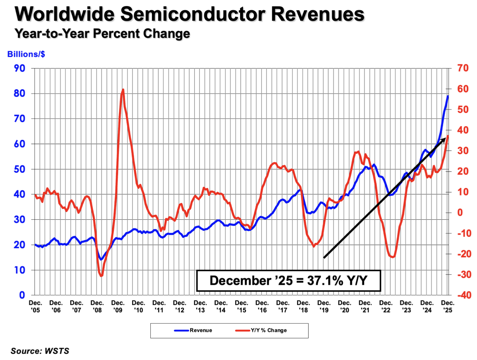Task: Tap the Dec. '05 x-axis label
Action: point(35,306)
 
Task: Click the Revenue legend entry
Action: point(193,330)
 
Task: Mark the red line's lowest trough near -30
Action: point(101,275)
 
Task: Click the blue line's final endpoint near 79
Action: point(448,96)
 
